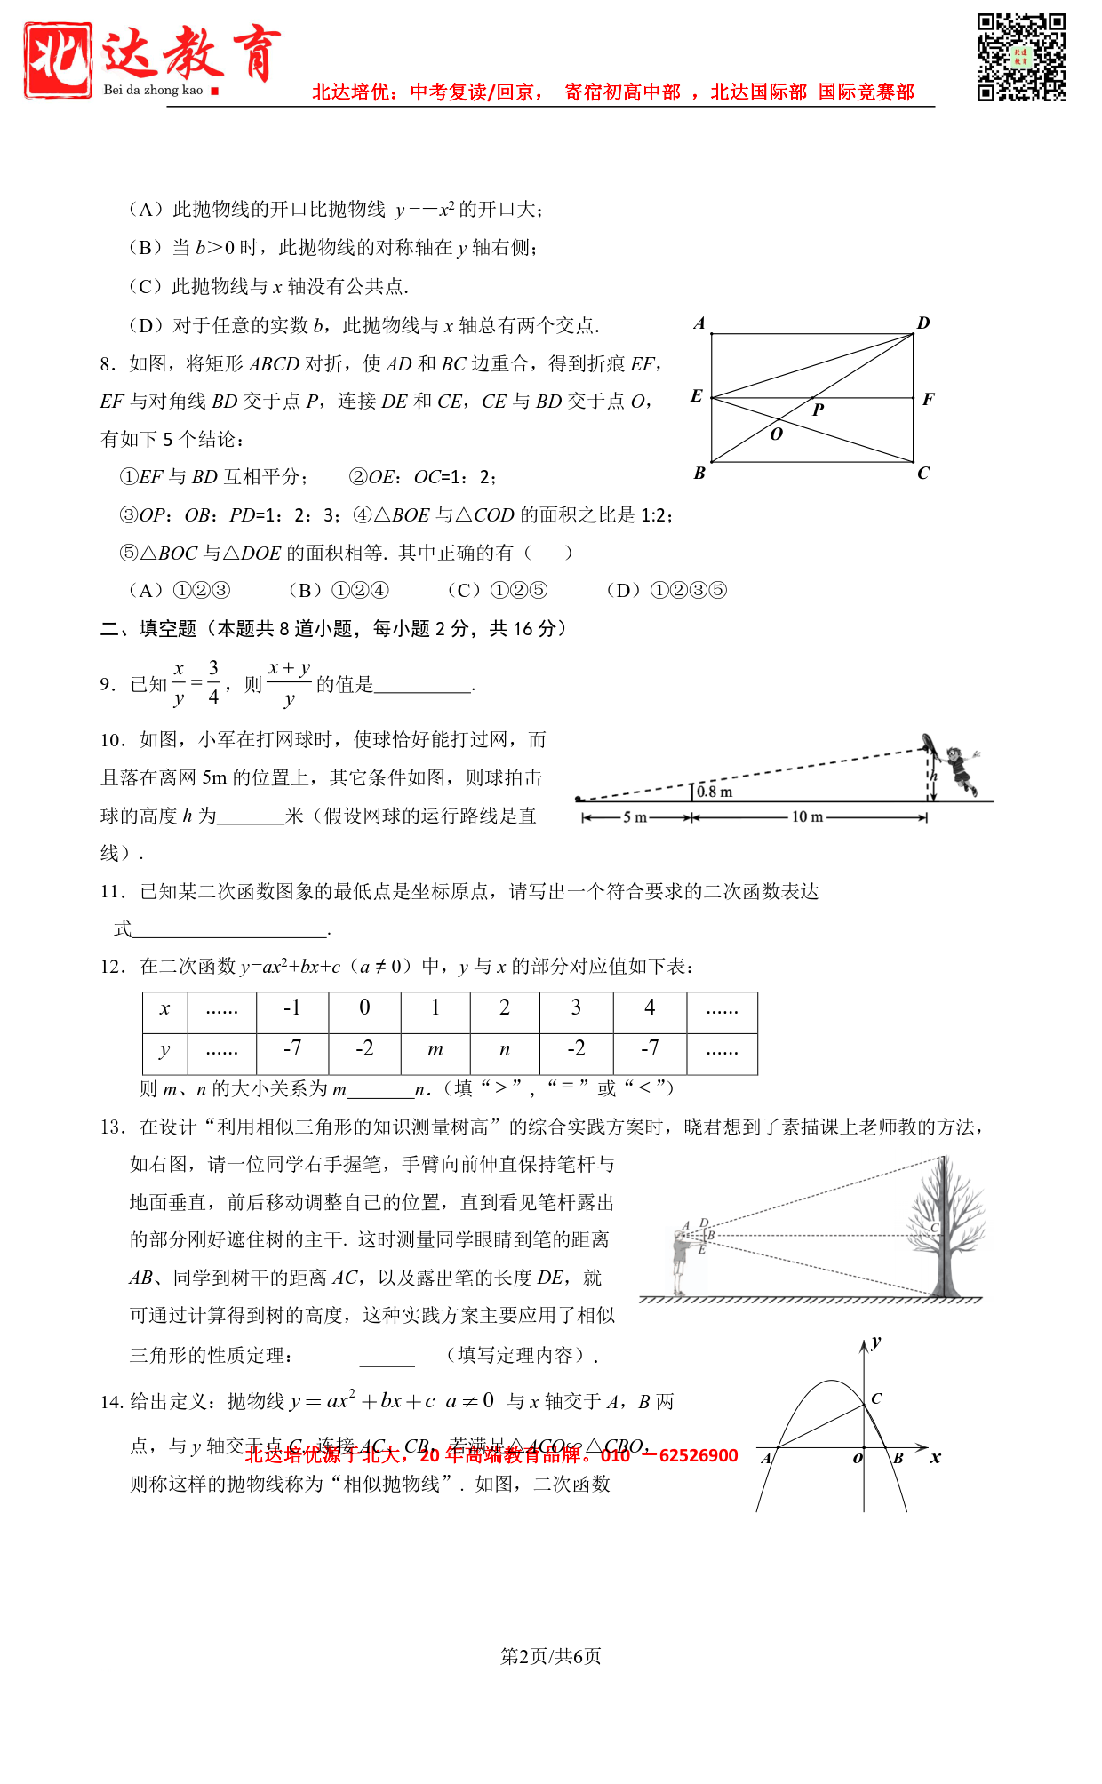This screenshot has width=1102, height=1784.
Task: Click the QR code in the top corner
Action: (1021, 57)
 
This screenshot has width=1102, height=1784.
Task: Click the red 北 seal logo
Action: (58, 60)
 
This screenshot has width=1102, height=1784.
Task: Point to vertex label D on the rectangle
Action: (923, 323)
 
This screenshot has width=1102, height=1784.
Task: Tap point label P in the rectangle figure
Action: (819, 410)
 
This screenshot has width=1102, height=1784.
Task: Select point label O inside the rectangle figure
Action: (776, 434)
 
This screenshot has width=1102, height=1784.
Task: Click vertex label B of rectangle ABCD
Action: (699, 474)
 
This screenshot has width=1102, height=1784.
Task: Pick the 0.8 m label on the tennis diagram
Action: (715, 792)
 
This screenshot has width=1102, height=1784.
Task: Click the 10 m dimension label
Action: (807, 816)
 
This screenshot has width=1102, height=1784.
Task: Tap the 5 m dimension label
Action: (635, 816)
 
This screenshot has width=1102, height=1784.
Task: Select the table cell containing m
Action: (435, 1050)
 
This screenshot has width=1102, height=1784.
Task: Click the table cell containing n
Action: (505, 1050)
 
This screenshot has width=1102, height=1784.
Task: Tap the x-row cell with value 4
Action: (650, 1008)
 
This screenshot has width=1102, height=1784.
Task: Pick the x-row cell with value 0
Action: (364, 1008)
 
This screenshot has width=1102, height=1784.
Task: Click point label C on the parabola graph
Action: (876, 1398)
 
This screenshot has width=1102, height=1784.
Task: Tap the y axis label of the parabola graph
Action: (876, 1342)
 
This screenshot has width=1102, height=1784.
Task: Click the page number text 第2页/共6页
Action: (551, 1656)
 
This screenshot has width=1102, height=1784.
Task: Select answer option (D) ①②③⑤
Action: (667, 591)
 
